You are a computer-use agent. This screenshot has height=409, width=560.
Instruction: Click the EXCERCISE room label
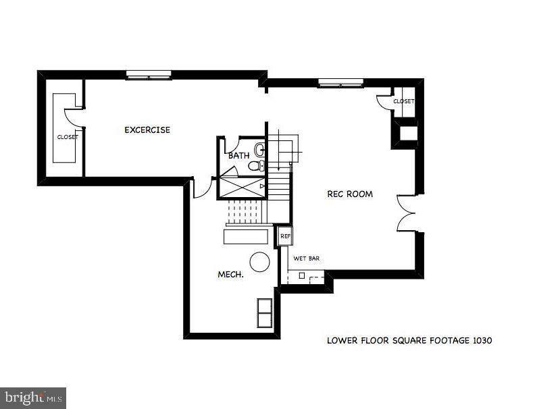click(x=147, y=130)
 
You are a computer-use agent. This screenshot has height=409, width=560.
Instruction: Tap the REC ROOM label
click(x=350, y=194)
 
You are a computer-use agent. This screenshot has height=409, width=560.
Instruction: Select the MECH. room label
click(x=230, y=275)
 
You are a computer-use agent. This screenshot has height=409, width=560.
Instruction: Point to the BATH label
click(x=238, y=156)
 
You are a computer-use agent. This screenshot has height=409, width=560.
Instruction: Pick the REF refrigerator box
click(x=285, y=236)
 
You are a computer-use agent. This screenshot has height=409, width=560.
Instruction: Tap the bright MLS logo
click(x=33, y=398)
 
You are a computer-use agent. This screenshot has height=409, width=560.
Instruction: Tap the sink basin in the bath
click(x=260, y=149)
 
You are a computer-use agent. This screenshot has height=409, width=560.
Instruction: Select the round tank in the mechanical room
click(x=259, y=261)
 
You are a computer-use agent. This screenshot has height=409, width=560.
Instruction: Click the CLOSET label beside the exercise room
click(x=68, y=137)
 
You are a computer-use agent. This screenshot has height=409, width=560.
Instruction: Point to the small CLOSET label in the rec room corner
click(x=403, y=101)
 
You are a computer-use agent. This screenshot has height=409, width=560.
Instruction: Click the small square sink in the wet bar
click(x=302, y=276)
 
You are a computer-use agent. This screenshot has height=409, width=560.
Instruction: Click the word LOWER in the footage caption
click(x=342, y=341)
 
